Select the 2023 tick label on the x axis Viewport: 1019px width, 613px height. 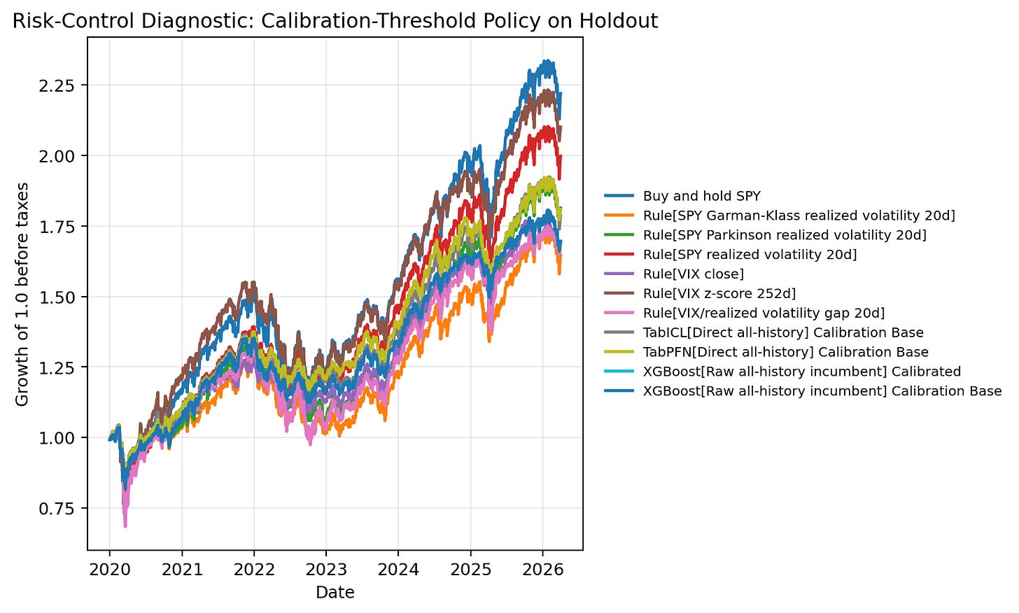tap(326, 570)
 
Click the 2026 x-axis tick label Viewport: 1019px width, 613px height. tap(542, 570)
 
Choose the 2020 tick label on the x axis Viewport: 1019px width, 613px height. tap(110, 570)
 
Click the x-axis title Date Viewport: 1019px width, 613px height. tap(335, 593)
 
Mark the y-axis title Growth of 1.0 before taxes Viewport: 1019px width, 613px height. tap(22, 294)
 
